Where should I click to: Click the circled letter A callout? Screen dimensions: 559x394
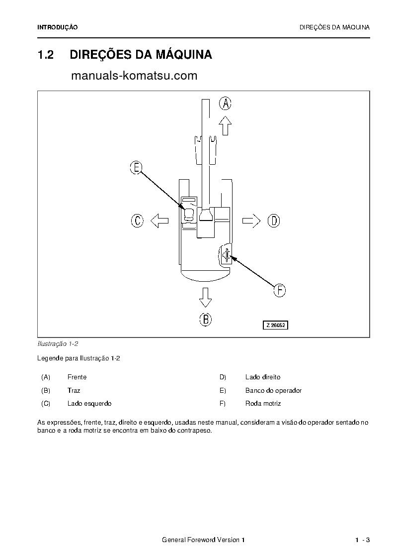[226, 104]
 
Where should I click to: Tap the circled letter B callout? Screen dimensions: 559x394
[205, 319]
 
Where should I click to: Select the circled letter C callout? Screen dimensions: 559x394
[137, 221]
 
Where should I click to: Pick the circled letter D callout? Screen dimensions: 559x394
[274, 221]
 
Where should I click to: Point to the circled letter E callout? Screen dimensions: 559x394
[136, 168]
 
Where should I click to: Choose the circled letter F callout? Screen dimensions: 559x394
[280, 290]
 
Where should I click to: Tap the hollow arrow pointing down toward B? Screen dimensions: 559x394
[205, 297]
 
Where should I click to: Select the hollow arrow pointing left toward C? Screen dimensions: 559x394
[159, 221]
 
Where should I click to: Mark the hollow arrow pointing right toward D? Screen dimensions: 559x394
[251, 221]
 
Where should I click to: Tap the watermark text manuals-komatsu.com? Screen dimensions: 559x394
[134, 76]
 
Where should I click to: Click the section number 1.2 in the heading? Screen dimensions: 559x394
[46, 55]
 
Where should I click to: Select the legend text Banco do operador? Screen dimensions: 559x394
[273, 391]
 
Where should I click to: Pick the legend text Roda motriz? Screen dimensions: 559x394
[263, 404]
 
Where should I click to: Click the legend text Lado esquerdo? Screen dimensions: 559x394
[89, 404]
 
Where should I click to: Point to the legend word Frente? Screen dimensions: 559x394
[77, 377]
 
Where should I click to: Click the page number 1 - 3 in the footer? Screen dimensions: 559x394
[363, 540]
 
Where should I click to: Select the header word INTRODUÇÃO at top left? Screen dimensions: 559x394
[58, 27]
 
